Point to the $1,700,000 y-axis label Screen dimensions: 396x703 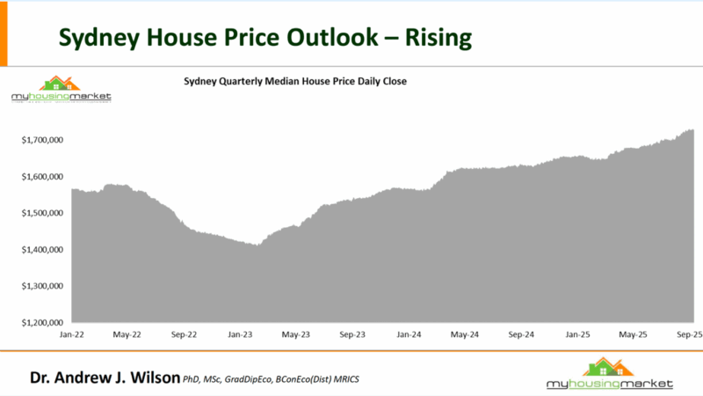[43, 140]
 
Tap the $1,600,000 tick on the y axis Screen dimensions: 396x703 [43, 177]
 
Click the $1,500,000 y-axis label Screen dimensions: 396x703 [43, 213]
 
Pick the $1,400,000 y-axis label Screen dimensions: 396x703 [43, 250]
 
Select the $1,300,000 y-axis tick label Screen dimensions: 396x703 [43, 286]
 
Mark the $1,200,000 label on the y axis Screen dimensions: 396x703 [43, 323]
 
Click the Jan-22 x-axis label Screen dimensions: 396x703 [72, 335]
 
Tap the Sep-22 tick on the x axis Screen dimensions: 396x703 [184, 335]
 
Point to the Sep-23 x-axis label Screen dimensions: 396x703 [352, 335]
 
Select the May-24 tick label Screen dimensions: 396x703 [464, 335]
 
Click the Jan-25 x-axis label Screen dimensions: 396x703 [576, 335]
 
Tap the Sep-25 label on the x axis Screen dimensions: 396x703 [688, 335]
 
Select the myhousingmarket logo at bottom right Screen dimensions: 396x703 [608, 375]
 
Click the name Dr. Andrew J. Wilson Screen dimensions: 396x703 [105, 378]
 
